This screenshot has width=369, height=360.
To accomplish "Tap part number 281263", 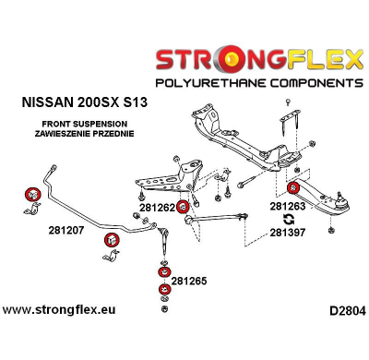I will click(x=289, y=208).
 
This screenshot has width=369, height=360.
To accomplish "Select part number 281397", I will click(x=289, y=234).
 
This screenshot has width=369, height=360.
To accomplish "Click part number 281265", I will click(x=190, y=280).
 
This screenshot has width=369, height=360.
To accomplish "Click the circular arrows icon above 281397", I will click(x=288, y=221).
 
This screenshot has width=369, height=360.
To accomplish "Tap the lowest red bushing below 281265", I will click(x=164, y=291).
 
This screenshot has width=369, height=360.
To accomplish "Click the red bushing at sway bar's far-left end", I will click(x=32, y=194).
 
